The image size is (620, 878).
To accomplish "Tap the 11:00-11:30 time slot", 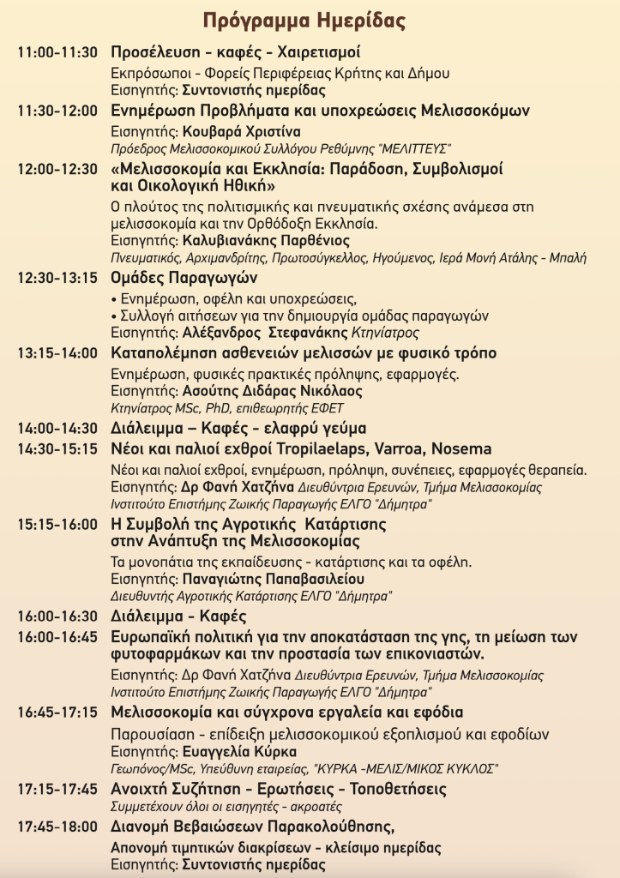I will point(58,51).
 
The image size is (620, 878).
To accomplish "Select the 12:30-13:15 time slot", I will point(58,278).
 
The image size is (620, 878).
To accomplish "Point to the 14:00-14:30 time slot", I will point(58,428).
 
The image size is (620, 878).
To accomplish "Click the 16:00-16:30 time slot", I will point(58,616).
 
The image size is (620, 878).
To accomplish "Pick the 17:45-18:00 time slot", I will point(58,827).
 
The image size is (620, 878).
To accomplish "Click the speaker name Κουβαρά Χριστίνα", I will point(242,131).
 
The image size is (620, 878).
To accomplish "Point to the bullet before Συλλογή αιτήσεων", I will point(115,316).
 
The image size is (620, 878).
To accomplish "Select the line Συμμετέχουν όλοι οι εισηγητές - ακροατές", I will point(226,807).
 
